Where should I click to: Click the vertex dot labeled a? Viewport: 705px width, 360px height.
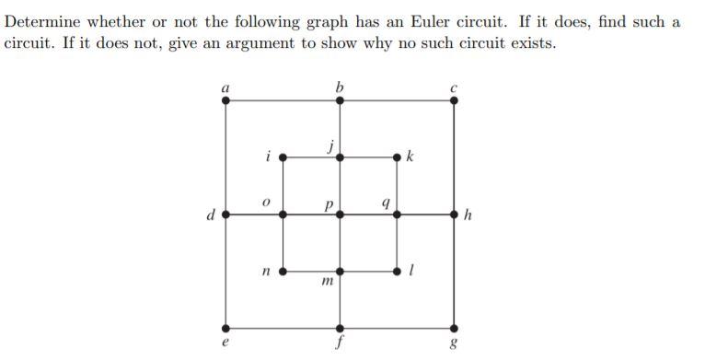pos(226,100)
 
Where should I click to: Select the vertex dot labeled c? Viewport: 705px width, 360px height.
pos(454,100)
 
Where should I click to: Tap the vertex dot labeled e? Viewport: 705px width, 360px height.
pos(226,328)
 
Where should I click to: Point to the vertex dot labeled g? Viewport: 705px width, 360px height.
pos(454,328)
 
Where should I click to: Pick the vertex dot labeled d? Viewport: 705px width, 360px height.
pos(226,214)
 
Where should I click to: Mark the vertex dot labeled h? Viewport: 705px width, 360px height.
pos(454,214)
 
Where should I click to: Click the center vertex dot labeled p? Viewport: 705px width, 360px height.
pos(341,214)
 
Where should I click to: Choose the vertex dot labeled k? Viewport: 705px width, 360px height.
pos(397,157)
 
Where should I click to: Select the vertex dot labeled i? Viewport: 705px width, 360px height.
pos(283,157)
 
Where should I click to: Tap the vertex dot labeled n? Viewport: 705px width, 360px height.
pos(283,272)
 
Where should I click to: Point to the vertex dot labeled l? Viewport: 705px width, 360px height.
pos(397,272)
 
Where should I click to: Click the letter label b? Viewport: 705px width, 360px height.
pos(340,87)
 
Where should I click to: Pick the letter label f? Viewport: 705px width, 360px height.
pos(341,347)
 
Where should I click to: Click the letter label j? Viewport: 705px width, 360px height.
pos(330,145)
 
